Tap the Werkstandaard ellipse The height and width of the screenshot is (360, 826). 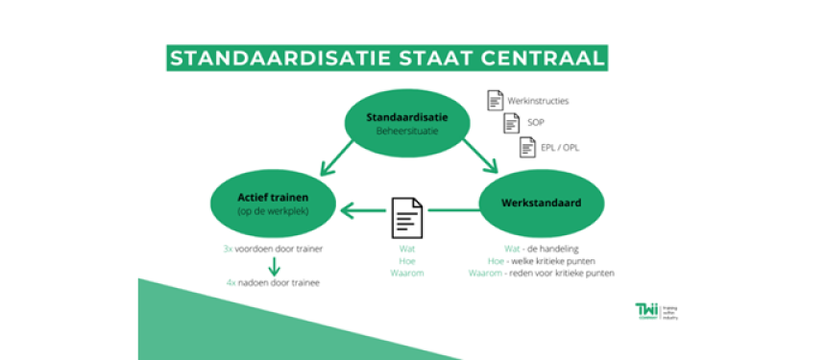coord(543,204)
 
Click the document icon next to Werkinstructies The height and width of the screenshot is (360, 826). coord(495,99)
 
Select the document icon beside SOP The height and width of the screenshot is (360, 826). coord(510,123)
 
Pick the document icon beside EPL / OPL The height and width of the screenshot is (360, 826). coord(526,147)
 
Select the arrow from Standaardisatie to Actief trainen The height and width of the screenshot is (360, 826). coord(337,156)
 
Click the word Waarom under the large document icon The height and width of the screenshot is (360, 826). coord(406,274)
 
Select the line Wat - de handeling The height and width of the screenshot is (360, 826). coord(521,249)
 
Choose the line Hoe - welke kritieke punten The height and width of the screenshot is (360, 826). coord(542,261)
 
